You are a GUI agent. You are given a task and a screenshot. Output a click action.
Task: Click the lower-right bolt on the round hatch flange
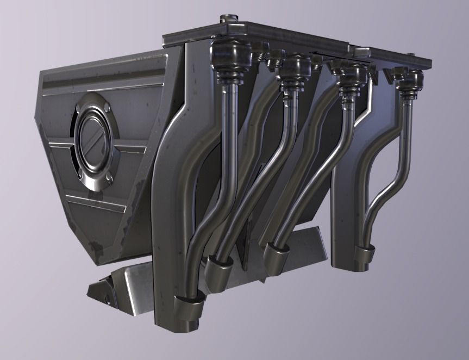coord(110,176)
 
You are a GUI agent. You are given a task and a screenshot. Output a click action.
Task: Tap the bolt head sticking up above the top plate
coord(224,18)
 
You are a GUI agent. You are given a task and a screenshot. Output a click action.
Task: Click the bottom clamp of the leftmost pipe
coord(189,305)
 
